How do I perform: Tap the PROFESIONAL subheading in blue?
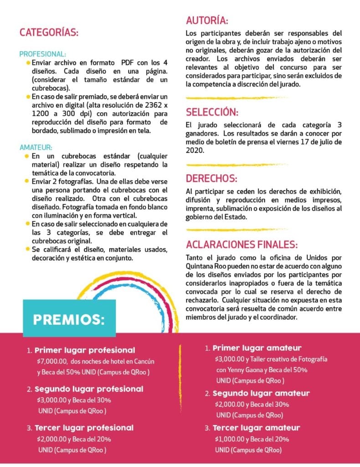42,54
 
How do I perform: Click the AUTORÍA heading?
207,21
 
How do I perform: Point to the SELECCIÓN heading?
212,112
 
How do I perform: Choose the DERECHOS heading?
211,178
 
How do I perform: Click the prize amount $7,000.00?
52,361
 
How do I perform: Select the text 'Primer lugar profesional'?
85,351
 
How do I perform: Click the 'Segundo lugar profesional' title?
89,389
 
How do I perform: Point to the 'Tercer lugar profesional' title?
84,428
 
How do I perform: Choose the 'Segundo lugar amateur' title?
261,393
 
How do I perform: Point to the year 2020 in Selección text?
195,150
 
